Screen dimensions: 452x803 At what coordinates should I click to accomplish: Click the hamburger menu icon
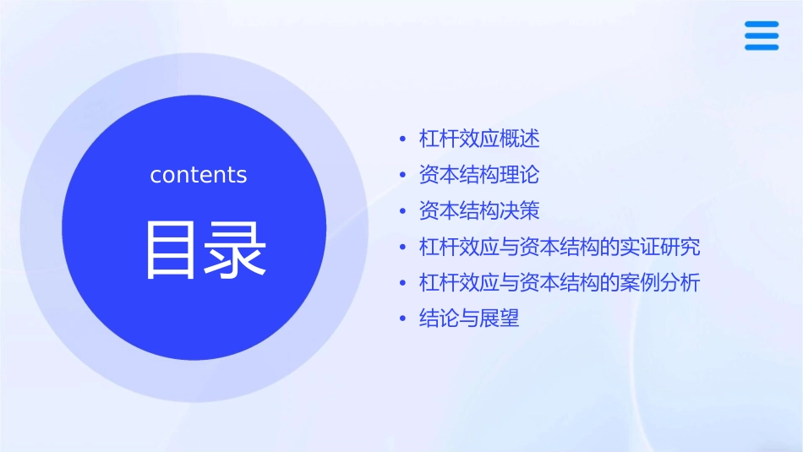(x=762, y=35)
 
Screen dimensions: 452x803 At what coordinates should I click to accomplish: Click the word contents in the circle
(x=199, y=175)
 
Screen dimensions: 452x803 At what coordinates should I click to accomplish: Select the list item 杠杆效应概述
(x=479, y=139)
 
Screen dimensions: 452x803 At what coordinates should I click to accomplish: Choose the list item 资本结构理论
(x=479, y=175)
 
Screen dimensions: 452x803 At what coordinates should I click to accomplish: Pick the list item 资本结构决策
(x=479, y=210)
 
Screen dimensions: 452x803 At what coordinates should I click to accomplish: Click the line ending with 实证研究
(x=560, y=247)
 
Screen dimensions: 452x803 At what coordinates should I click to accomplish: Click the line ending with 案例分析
(x=560, y=282)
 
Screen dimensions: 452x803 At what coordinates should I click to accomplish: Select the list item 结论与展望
(x=469, y=319)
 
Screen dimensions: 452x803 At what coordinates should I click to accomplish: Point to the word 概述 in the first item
(x=520, y=139)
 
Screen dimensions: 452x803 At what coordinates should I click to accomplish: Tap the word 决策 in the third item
(x=520, y=210)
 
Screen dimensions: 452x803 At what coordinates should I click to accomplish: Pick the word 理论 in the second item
(x=520, y=175)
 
